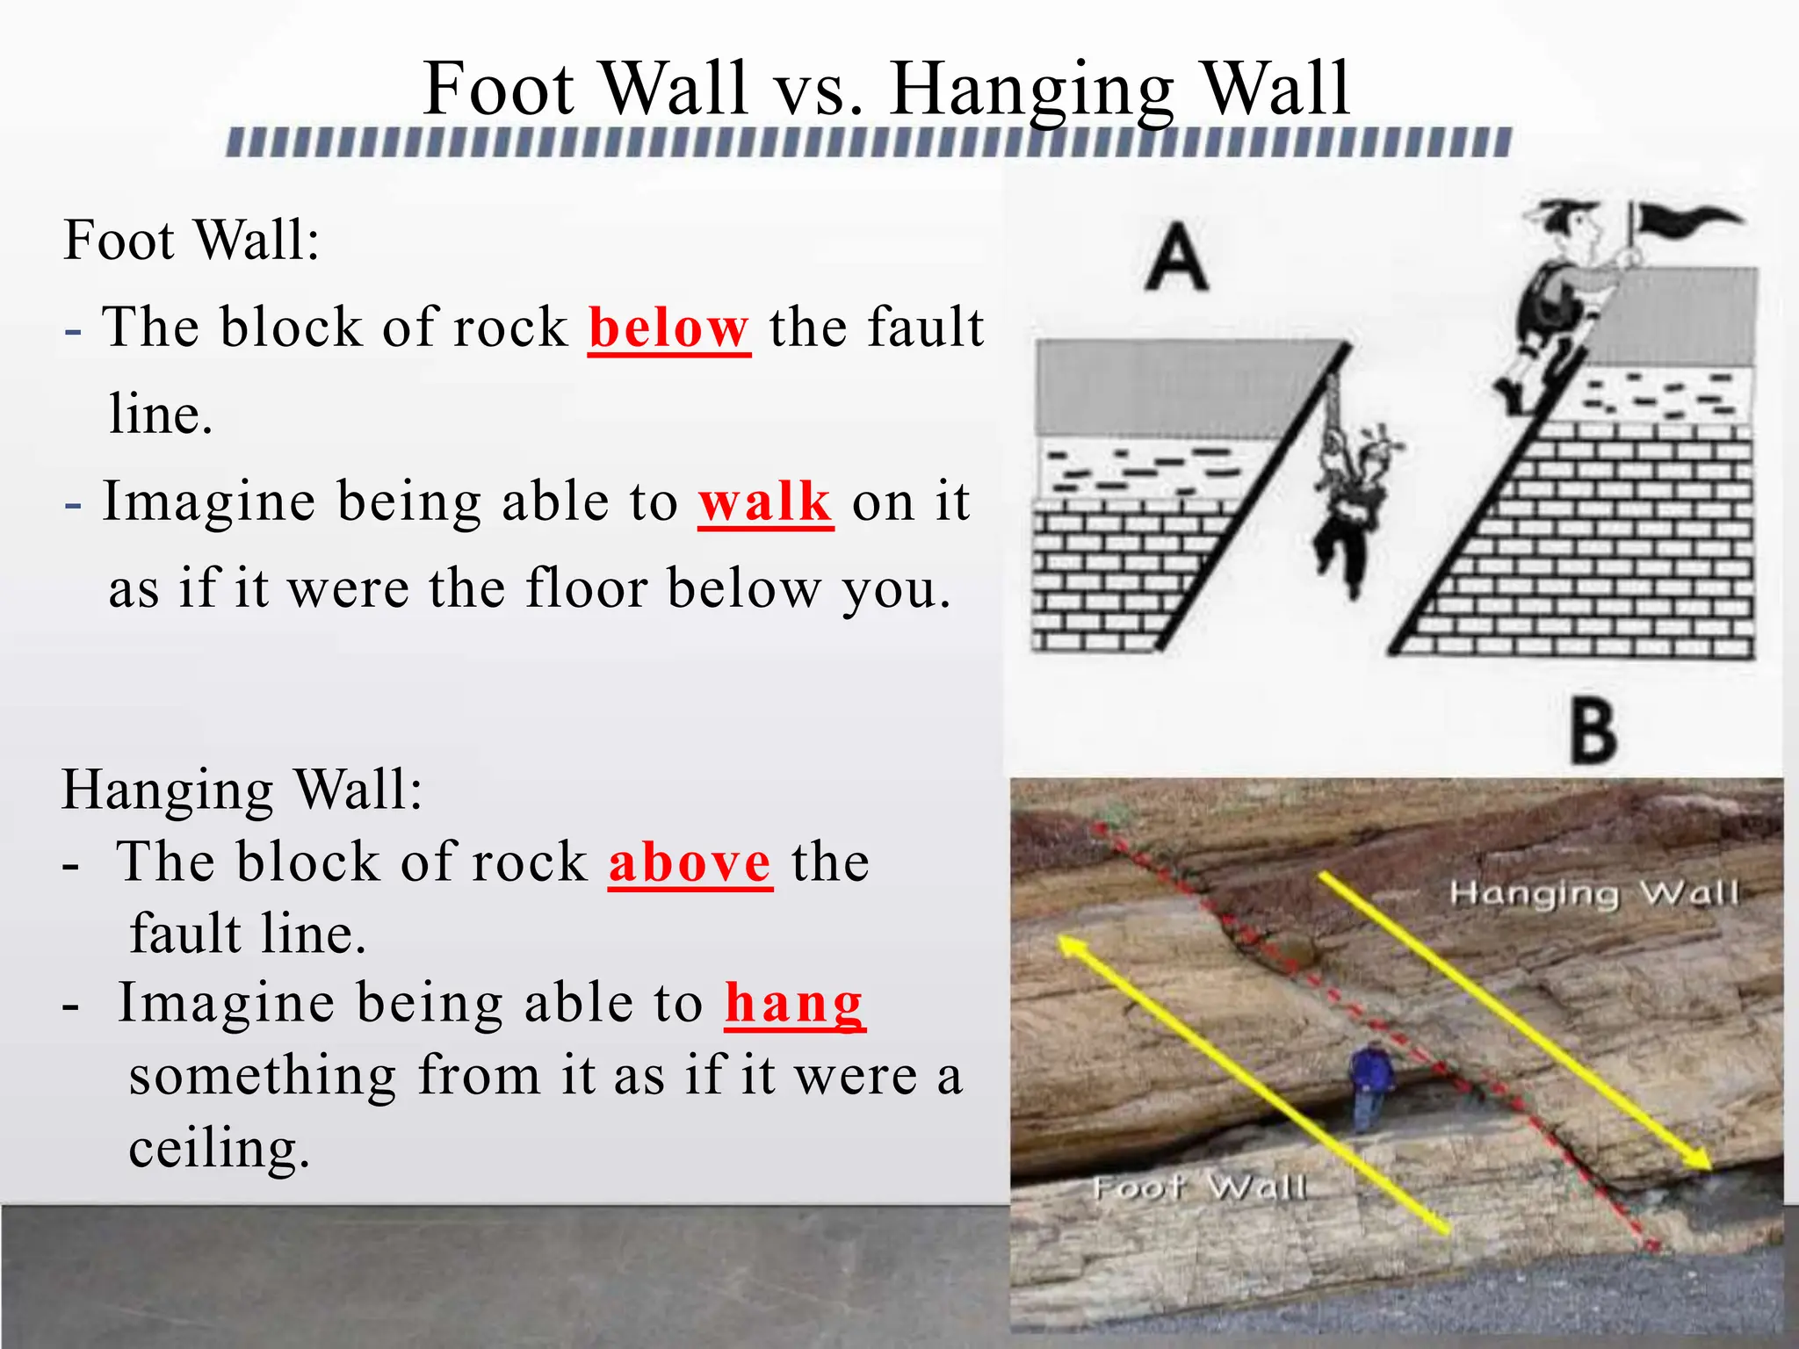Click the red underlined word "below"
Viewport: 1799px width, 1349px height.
(x=668, y=328)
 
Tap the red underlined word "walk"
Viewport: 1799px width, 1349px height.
(x=764, y=503)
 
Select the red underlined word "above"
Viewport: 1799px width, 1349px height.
(x=690, y=862)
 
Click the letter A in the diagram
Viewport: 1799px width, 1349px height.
(x=1176, y=256)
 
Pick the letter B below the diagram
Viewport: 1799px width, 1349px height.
(x=1593, y=732)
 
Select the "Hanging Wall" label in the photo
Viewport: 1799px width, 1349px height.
(x=1593, y=894)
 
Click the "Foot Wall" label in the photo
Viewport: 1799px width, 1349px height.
(x=1200, y=1187)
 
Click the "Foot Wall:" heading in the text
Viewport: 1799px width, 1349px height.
(x=191, y=240)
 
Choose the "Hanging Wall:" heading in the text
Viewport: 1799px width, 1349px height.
(x=242, y=789)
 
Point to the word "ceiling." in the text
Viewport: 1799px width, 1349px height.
(x=219, y=1148)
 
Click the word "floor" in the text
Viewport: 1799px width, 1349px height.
(x=586, y=588)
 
